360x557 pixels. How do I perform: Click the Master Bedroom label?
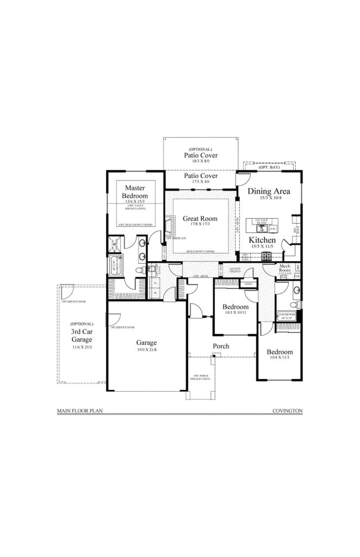coord(134,191)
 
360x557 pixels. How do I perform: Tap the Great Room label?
coord(200,219)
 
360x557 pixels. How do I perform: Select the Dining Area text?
coord(269,191)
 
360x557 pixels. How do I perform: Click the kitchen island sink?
coord(259,229)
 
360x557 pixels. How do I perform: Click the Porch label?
coord(221,346)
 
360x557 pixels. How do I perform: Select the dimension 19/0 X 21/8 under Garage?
coord(146,350)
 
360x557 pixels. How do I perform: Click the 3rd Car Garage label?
coord(82,335)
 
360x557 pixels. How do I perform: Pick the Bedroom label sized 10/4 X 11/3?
coord(280,352)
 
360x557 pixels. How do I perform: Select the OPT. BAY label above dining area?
coord(269,168)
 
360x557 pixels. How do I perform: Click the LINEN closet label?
coord(248,284)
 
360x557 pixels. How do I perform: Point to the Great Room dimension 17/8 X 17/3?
coord(200,224)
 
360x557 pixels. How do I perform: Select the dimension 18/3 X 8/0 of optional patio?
coord(200,162)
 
